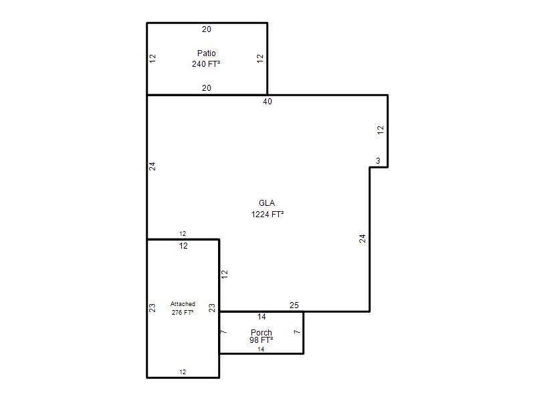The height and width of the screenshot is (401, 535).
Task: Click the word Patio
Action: pos(207,53)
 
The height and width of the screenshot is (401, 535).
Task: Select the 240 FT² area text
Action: pos(206,63)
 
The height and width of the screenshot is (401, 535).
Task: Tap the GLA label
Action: pos(267,203)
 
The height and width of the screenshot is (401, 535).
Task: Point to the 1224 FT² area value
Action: pos(267,214)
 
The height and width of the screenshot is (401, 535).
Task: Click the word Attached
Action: pos(183,304)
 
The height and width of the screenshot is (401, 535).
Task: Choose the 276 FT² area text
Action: pos(183,312)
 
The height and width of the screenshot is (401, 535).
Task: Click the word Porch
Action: pos(261,332)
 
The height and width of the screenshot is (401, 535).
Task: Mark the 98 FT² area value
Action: pos(261,340)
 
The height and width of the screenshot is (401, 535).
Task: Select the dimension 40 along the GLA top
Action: pos(267,102)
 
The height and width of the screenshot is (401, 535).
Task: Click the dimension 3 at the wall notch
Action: pos(378,160)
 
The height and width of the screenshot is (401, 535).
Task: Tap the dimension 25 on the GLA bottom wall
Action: pos(294,305)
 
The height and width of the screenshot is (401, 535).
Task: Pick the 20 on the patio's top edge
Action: pos(207,29)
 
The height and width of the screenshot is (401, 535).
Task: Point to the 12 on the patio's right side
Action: pos(260,58)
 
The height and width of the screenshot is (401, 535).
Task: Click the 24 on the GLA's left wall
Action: pos(152,166)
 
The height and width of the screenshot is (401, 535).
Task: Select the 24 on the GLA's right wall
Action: pos(362,239)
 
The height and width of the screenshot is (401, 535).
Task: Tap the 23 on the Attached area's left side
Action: pos(152,308)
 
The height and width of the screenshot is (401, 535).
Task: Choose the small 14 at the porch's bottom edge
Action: pos(261,349)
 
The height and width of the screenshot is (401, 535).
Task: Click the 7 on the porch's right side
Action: pos(298,331)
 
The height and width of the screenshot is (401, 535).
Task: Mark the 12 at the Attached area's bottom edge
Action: pos(183,372)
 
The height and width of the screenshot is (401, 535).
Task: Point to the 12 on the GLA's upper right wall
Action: pos(381,130)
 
